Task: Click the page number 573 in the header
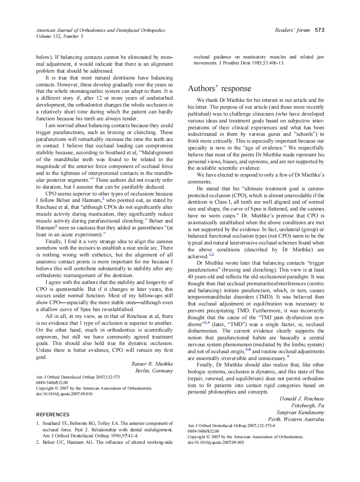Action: [x=319, y=30]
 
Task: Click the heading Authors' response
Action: [x=219, y=88]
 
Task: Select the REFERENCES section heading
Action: [x=52, y=415]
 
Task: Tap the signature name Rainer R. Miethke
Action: [x=152, y=363]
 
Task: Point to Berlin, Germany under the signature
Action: [x=154, y=370]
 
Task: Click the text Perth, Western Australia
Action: [x=296, y=419]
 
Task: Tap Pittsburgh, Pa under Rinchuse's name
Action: [x=308, y=406]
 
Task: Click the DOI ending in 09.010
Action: [x=64, y=394]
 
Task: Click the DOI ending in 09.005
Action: [x=216, y=442]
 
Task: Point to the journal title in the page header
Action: [x=101, y=31]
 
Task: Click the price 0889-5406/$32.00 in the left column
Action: [x=52, y=382]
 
